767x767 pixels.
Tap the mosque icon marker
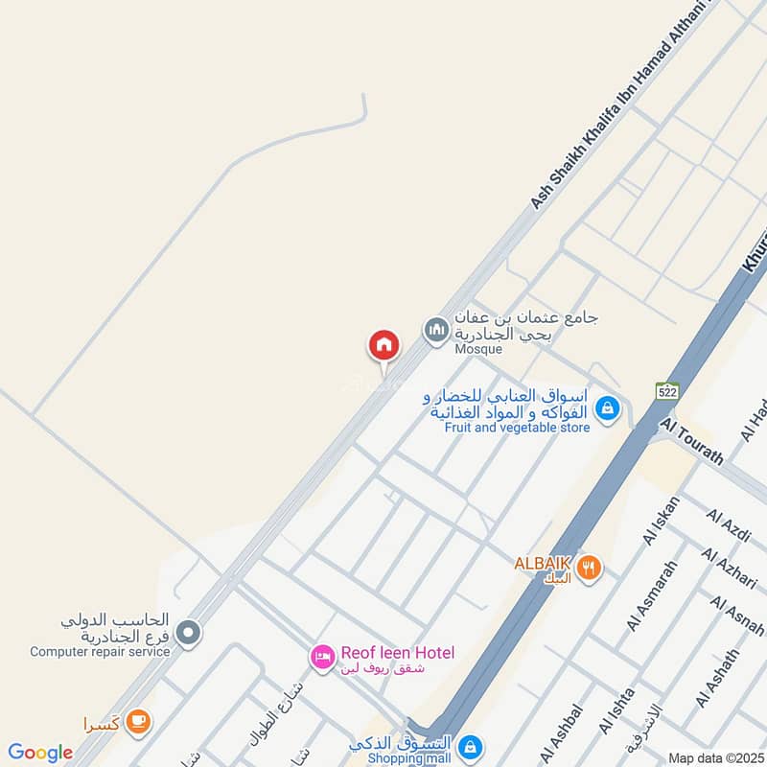coord(436,331)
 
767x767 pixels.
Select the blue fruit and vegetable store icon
coord(606,408)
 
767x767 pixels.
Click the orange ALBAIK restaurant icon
coord(591,567)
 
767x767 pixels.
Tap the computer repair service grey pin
coord(189,632)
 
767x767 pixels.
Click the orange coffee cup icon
coord(138,720)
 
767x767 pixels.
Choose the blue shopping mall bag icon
coord(470,745)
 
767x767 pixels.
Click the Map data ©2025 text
coord(714,757)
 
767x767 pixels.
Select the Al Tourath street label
coord(691,442)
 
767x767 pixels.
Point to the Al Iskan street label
coord(662,521)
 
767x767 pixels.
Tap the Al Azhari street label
coord(732,569)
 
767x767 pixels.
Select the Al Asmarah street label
coord(652,594)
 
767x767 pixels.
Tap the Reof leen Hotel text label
coord(397,653)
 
